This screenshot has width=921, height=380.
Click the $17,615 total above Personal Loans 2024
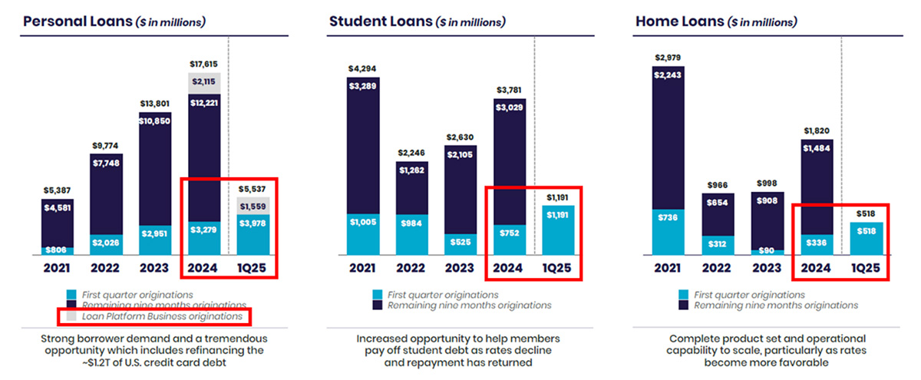203,65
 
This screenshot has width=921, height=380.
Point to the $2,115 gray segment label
203,82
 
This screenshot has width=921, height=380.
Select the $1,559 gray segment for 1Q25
253,206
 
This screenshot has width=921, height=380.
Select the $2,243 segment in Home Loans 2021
668,75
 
